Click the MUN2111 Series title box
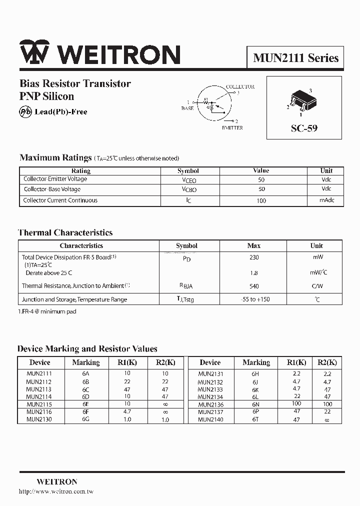295,58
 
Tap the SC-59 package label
304,128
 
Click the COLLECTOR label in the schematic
240,86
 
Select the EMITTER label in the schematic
232,128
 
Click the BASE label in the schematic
187,108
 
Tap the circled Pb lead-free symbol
25,111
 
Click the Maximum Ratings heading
55,157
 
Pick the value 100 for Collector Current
261,200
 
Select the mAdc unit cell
326,200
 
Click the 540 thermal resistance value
254,286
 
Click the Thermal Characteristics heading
65,232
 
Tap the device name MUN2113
39,389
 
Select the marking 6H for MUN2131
255,373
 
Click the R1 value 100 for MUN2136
296,404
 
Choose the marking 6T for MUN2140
255,419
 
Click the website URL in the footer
56,491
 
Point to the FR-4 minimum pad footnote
47,311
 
